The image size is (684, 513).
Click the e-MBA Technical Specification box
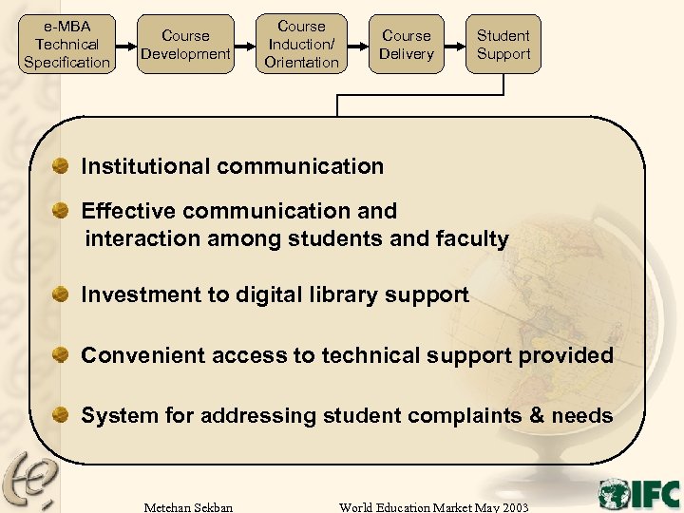pos(66,44)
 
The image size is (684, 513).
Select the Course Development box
pos(185,44)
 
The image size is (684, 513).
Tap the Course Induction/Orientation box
pos(301,44)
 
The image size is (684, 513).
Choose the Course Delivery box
pos(406,44)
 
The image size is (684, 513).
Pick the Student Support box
pos(503,44)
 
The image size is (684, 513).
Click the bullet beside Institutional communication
pos(61,165)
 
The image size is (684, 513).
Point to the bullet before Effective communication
pos(61,210)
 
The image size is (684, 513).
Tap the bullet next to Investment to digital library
pos(61,294)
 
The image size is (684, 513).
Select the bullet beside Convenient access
pos(61,355)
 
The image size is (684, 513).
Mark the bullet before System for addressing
pos(61,415)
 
